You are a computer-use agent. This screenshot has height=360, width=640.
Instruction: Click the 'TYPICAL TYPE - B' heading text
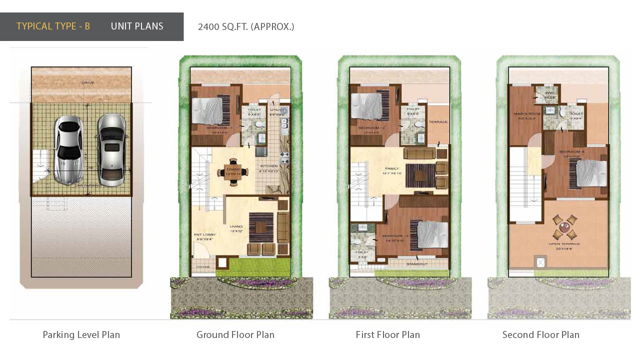(x=53, y=26)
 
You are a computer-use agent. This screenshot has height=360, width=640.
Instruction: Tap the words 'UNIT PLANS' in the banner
(x=137, y=26)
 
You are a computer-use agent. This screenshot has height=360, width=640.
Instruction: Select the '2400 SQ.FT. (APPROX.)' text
(x=246, y=27)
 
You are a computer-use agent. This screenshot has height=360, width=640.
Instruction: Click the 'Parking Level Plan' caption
(x=81, y=335)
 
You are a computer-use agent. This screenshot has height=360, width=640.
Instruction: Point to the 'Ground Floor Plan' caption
(x=235, y=335)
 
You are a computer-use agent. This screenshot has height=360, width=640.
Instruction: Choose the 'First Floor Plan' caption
(x=387, y=335)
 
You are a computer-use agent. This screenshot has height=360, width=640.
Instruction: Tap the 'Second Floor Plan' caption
(x=540, y=335)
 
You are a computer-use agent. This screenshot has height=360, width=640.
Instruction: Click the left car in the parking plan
(x=68, y=149)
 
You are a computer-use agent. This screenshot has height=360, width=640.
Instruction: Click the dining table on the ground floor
(x=232, y=172)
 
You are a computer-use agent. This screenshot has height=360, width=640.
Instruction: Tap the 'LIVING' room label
(x=236, y=226)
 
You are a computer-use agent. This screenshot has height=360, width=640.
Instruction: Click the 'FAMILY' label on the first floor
(x=392, y=168)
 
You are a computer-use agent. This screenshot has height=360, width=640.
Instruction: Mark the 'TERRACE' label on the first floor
(x=438, y=122)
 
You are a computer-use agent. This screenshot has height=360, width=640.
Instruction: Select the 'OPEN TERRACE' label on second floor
(x=564, y=243)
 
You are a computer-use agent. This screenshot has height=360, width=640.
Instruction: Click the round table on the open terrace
(x=564, y=227)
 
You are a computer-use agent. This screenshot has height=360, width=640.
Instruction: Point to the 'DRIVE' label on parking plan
(x=88, y=82)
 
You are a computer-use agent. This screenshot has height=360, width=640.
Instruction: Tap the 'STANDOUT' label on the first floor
(x=416, y=264)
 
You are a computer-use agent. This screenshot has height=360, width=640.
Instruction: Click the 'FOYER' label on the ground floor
(x=203, y=267)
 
